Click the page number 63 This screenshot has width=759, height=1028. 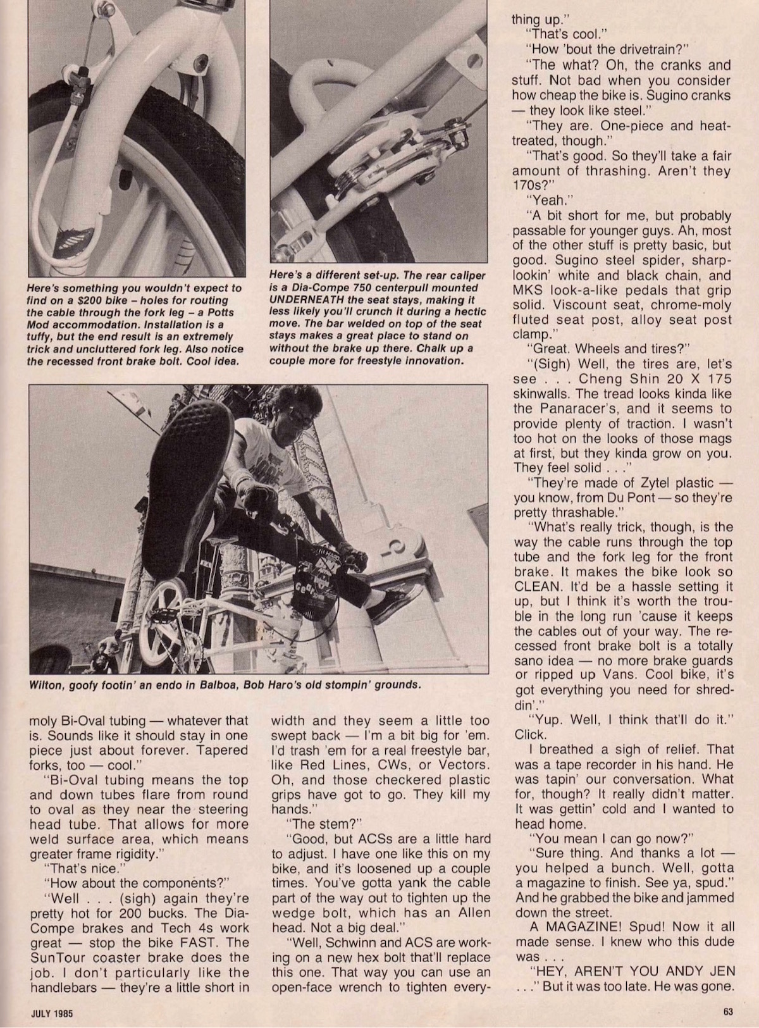(727, 1012)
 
